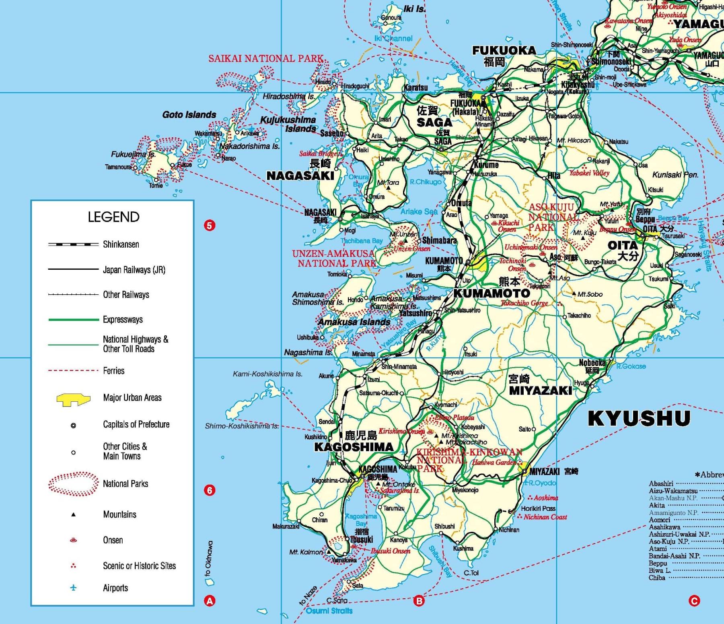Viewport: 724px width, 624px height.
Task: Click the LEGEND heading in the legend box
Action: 113,217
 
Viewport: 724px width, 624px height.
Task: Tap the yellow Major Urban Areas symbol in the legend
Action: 73,399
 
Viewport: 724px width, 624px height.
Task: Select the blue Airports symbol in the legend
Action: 73,588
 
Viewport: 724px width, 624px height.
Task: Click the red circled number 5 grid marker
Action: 210,225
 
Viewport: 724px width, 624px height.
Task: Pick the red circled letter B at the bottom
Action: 419,601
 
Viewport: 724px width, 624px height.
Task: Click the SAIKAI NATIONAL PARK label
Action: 265,58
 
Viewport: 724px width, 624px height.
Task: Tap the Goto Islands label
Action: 189,115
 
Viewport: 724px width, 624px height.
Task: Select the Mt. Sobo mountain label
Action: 590,294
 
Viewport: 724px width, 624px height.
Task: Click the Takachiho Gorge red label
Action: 524,303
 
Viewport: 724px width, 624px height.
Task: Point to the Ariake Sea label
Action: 419,211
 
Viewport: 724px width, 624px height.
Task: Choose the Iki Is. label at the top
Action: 414,9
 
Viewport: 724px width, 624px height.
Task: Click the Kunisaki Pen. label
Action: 675,175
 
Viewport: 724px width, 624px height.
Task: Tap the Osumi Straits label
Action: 329,611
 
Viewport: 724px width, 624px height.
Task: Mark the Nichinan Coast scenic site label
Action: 545,517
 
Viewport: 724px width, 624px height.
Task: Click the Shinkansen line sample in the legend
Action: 73,244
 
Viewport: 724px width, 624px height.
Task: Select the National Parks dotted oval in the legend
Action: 73,483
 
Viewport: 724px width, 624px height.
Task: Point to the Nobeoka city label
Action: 592,363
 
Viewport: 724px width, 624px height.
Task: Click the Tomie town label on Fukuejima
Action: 156,186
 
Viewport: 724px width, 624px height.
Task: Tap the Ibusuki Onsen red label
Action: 390,551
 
